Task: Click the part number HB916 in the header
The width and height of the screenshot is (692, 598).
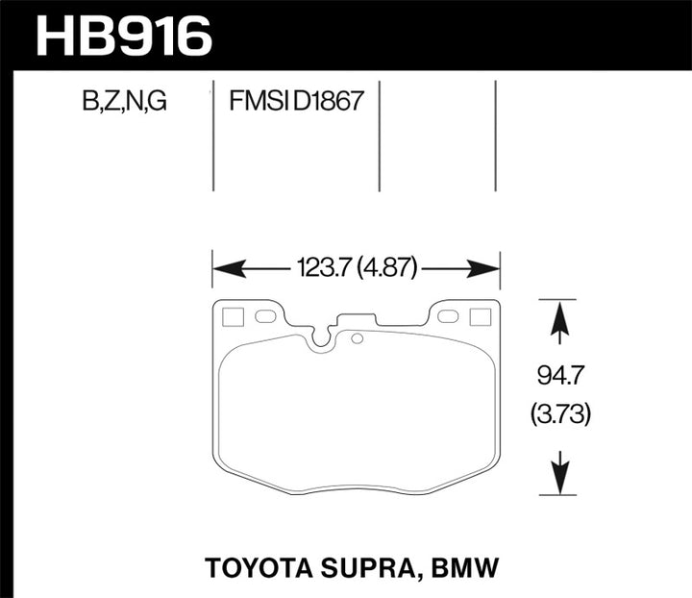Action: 122,37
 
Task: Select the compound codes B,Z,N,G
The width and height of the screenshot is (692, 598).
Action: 124,101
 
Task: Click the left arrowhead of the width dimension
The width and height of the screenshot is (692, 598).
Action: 225,269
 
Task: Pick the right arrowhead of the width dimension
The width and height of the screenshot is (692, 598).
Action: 487,269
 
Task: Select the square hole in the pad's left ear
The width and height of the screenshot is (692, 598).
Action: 232,316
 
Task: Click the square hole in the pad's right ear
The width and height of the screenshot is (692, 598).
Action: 478,316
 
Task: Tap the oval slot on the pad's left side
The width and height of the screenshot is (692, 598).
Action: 265,316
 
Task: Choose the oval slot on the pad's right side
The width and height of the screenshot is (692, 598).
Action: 447,316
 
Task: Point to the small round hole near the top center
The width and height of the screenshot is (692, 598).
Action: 357,337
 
